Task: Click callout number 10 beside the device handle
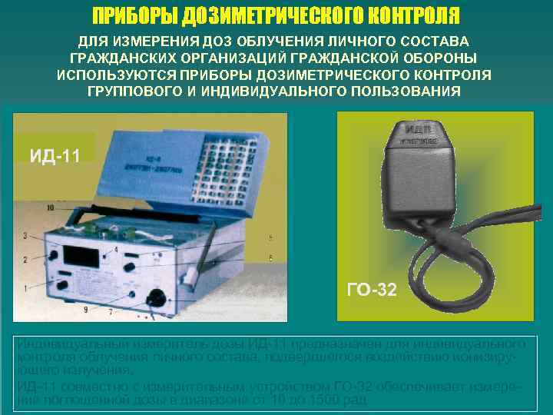(x=50, y=207)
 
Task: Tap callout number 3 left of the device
(x=25, y=234)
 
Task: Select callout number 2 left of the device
(x=25, y=260)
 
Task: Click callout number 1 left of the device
(x=25, y=288)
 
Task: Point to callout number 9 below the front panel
(x=85, y=309)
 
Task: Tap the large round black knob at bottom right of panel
(x=158, y=297)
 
